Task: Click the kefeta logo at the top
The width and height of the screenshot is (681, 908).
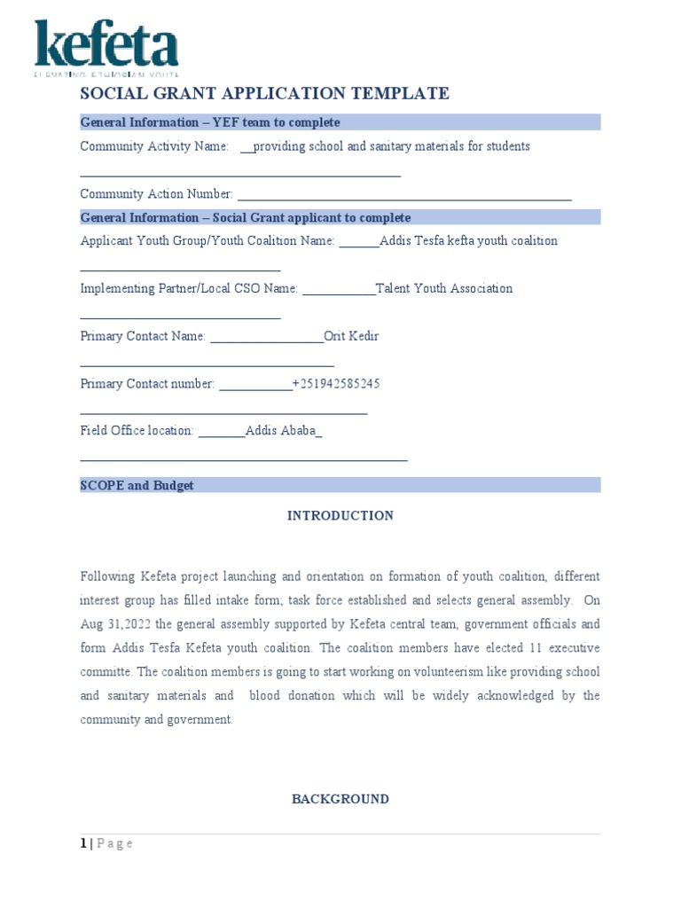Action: coord(106,46)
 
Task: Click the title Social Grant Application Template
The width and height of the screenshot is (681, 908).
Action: coord(264,94)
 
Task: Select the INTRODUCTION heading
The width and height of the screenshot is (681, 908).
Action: coord(340,515)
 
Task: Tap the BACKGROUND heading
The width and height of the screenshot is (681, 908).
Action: coord(340,799)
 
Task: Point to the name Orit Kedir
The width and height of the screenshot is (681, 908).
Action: coord(351,336)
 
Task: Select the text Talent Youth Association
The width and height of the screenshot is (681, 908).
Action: coord(444,288)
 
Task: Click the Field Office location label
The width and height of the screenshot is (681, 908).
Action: coord(137,431)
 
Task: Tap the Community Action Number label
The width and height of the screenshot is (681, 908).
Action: coord(157,194)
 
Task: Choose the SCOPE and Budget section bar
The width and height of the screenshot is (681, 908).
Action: coord(340,485)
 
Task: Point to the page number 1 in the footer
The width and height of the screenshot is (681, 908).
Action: coord(82,843)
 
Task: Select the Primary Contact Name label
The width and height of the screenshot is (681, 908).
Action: coord(143,336)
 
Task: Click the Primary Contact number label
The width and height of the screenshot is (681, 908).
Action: coord(147,384)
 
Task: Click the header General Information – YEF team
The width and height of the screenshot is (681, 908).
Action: coord(210,122)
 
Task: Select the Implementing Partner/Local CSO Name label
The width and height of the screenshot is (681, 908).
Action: coord(189,288)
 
